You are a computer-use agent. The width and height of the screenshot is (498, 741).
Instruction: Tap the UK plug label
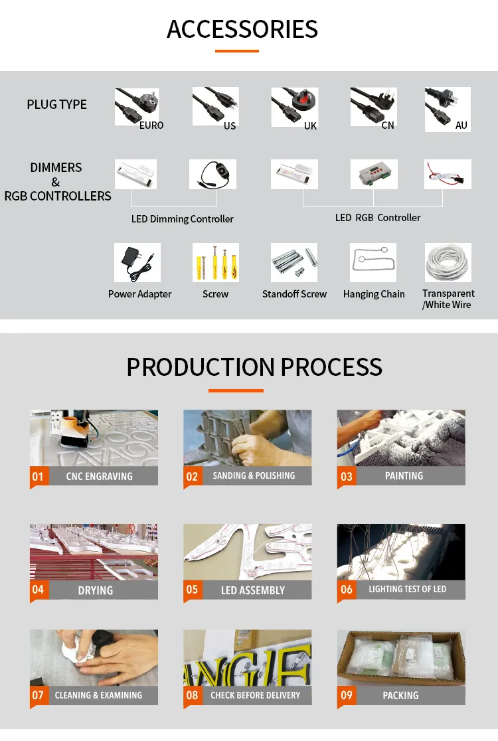[x=311, y=125]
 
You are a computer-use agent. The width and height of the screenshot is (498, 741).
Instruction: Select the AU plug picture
[x=448, y=109]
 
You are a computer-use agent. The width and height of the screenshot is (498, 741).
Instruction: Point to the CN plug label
[x=388, y=125]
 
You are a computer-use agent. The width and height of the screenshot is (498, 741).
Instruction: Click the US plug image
[x=215, y=106]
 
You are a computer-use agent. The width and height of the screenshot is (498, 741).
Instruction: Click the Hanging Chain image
[x=373, y=263]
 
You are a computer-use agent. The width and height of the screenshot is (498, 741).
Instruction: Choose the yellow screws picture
[x=215, y=263]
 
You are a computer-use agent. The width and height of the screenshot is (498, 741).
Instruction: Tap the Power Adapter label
[x=140, y=294]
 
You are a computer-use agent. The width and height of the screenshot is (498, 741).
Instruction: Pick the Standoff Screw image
[x=294, y=263]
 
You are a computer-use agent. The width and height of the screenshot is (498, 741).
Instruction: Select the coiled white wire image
[x=448, y=262]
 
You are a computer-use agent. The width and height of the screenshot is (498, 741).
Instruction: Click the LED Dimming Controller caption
[x=183, y=219]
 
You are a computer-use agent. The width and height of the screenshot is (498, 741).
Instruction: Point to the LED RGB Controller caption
[x=378, y=217]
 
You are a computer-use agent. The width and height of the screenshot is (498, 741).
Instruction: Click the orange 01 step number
[x=38, y=476]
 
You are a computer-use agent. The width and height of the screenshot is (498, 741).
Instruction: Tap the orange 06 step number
[x=347, y=590]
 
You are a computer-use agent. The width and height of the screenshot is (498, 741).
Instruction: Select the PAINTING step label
[x=404, y=476]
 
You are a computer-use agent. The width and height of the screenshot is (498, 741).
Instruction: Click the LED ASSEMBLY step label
[x=253, y=590]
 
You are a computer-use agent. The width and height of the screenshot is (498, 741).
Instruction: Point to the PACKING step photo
[x=401, y=658]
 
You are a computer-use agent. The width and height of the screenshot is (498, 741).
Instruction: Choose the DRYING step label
[x=96, y=590]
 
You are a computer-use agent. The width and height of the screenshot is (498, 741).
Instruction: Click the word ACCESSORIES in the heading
[x=242, y=29]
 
